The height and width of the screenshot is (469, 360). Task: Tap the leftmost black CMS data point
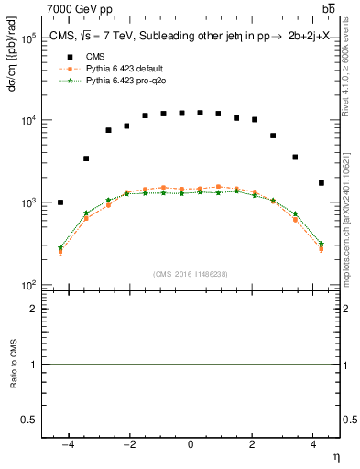60,202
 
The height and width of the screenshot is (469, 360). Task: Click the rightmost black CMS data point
321,183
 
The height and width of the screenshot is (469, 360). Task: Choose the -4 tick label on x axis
67,444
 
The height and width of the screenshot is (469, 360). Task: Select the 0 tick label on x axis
191,444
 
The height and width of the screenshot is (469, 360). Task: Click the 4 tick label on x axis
312,444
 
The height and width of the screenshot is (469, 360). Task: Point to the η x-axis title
335,456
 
